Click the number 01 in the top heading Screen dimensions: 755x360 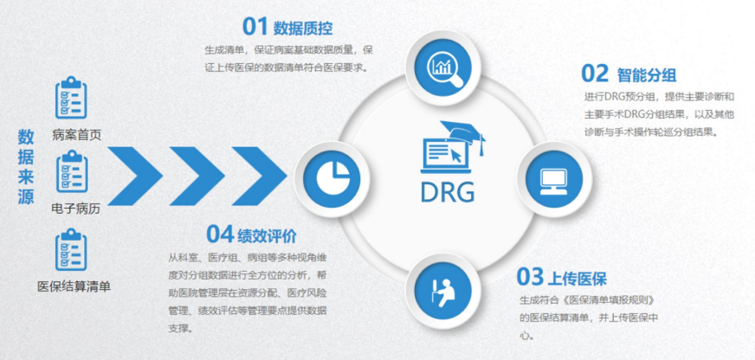[x=255, y=27]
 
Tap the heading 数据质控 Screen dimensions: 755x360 [x=303, y=29]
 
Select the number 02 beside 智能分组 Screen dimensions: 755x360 [x=595, y=74]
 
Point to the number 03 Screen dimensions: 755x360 [x=530, y=277]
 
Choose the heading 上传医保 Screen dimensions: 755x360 [x=577, y=279]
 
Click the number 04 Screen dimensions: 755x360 [x=220, y=234]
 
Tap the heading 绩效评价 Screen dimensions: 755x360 [x=268, y=236]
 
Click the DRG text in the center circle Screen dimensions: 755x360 [x=448, y=192]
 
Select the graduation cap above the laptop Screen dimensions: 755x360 [x=463, y=135]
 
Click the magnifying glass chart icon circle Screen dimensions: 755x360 [x=445, y=67]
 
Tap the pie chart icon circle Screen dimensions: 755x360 [x=332, y=179]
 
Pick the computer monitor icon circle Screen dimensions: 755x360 [x=554, y=179]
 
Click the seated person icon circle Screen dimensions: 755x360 [x=443, y=291]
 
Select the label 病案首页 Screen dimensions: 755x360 [x=77, y=135]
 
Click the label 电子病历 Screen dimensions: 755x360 [x=76, y=209]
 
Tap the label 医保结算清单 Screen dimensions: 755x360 [x=74, y=286]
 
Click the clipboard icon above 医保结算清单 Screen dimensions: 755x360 [x=71, y=249]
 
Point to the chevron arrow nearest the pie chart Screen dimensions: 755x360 [x=260, y=177]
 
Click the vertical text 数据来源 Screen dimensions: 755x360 [x=26, y=167]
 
